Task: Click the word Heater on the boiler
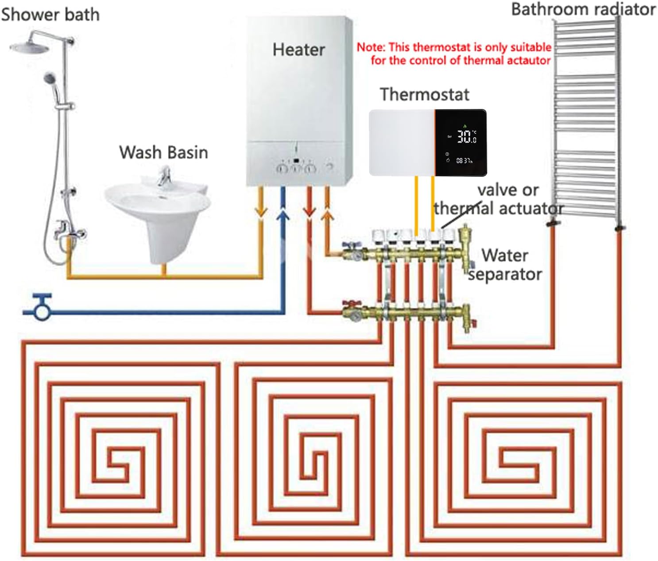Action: (x=298, y=50)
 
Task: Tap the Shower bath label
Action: (x=50, y=15)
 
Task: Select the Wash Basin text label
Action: (x=163, y=152)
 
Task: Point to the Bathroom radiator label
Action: (x=583, y=9)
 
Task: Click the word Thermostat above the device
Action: (x=424, y=94)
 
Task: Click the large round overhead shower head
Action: (x=27, y=46)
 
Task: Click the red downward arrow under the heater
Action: (x=310, y=211)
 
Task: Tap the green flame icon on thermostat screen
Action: (x=464, y=126)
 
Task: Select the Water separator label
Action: (x=505, y=265)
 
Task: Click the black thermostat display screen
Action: (x=461, y=143)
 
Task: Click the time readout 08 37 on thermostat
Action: (x=464, y=161)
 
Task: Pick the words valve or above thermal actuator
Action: (x=507, y=190)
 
